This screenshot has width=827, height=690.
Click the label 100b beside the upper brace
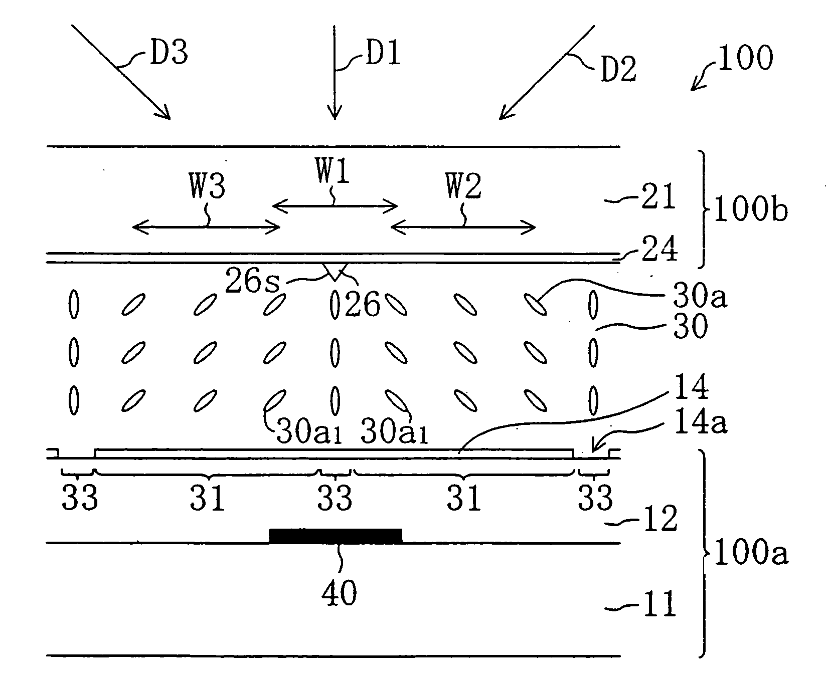[750, 212]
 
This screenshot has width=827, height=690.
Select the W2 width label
[463, 187]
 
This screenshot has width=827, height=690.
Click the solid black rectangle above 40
[336, 536]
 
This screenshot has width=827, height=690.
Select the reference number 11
[657, 605]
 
